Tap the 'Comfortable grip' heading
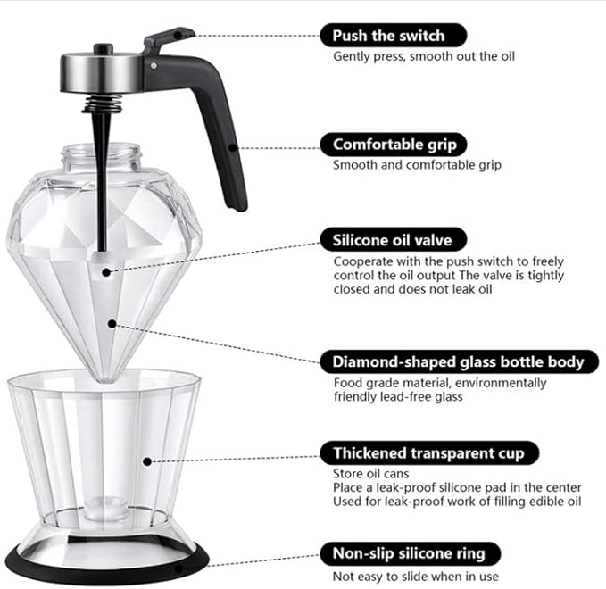coord(394,145)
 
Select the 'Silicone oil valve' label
coord(394,240)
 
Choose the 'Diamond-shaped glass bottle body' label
coord(460,361)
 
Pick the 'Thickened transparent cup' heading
coord(429,452)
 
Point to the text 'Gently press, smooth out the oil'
coord(424,56)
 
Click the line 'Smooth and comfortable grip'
coord(417,165)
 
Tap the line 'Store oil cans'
coord(370,474)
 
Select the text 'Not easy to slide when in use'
coord(416,577)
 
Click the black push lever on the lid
coord(168,38)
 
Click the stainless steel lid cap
coord(102,72)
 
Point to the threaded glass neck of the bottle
coord(101,157)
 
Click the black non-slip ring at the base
coord(107,566)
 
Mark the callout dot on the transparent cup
coord(147,461)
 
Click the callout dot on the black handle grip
coord(233,147)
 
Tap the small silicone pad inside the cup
coord(106,508)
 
